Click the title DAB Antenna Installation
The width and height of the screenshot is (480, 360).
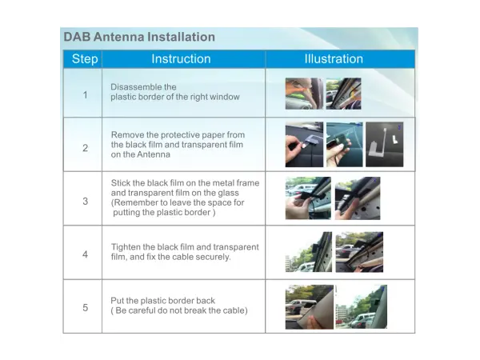pyautogui.click(x=139, y=37)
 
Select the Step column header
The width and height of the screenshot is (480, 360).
pyautogui.click(x=85, y=58)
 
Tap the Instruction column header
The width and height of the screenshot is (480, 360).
pyautogui.click(x=181, y=58)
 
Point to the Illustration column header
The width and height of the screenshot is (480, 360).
pyautogui.click(x=334, y=58)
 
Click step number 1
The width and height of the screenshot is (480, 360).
pyautogui.click(x=86, y=95)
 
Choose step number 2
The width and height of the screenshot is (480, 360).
pyautogui.click(x=86, y=148)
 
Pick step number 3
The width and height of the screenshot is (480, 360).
pyautogui.click(x=86, y=202)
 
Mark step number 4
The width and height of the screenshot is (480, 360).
pyautogui.click(x=86, y=254)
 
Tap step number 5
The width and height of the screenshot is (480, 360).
pyautogui.click(x=86, y=307)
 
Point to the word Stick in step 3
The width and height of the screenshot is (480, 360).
pyautogui.click(x=121, y=183)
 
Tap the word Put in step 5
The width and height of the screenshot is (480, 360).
pyautogui.click(x=118, y=301)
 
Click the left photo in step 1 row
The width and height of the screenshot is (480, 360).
pyautogui.click(x=304, y=94)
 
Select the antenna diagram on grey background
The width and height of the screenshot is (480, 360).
pyautogui.click(x=384, y=145)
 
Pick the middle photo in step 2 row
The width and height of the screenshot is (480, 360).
pyautogui.click(x=344, y=145)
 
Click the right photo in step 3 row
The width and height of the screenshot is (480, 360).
pyautogui.click(x=358, y=198)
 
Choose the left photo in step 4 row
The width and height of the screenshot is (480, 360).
pyautogui.click(x=307, y=252)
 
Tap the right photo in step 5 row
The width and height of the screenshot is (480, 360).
pyautogui.click(x=361, y=306)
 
